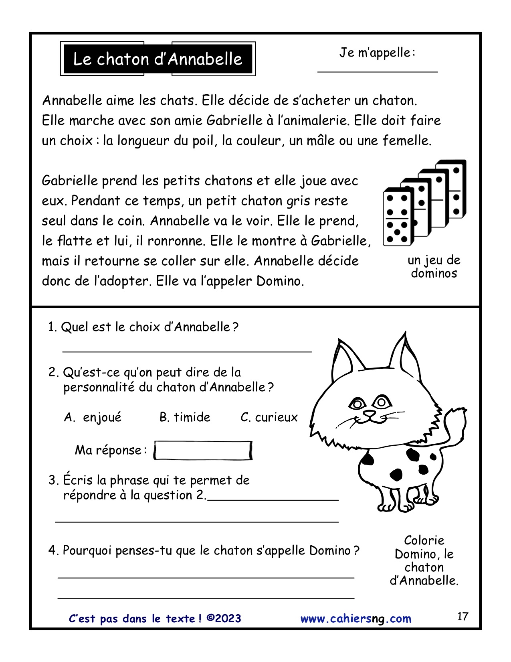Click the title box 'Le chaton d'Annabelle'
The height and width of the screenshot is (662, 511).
158,59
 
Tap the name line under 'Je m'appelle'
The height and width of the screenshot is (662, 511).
377,71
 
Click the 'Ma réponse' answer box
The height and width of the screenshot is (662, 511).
203,451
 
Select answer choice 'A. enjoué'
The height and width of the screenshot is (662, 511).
93,417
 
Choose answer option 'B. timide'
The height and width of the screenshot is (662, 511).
185,417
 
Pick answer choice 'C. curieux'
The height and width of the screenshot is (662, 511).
269,417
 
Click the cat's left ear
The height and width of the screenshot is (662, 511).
345,361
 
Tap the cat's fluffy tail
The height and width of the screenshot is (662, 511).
455,425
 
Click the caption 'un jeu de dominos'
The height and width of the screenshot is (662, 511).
434,267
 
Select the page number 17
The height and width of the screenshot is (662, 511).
463,616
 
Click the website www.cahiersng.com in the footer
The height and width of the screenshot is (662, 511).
356,619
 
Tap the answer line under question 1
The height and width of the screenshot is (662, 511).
187,351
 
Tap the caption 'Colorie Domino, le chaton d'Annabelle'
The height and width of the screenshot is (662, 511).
424,560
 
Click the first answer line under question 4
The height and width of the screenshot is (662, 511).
206,577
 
